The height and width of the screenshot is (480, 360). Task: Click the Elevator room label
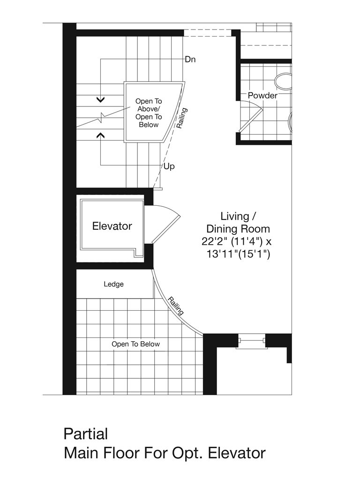[112, 226]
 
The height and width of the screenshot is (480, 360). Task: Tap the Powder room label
[262, 96]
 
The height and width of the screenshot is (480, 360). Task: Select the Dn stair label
[190, 60]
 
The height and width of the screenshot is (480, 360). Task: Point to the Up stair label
[169, 166]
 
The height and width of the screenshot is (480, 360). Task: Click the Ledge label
[113, 284]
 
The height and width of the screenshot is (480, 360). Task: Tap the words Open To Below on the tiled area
[135, 344]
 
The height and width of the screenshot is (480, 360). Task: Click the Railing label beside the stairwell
[182, 118]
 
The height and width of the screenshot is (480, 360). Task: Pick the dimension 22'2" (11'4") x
[236, 241]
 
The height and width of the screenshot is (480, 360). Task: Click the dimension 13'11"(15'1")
[238, 254]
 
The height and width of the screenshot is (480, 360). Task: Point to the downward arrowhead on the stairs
[101, 99]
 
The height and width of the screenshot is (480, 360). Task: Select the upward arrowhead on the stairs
[101, 135]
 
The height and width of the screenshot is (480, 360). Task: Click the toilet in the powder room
[284, 82]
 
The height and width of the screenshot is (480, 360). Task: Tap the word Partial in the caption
[86, 434]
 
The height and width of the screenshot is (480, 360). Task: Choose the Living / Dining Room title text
[238, 223]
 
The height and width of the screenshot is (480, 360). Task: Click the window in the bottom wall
[252, 341]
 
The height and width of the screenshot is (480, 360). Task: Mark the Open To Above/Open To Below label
[149, 113]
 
